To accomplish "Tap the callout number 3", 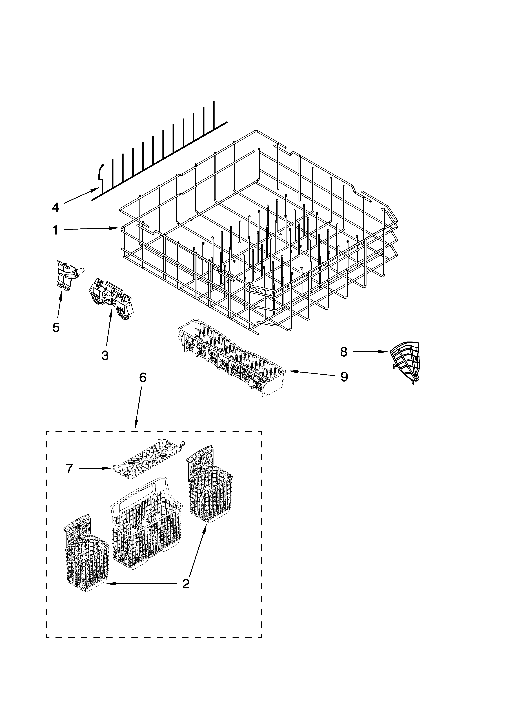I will (105, 355).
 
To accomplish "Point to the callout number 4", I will (56, 207).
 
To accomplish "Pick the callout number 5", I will (56, 328).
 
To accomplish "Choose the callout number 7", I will (70, 468).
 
